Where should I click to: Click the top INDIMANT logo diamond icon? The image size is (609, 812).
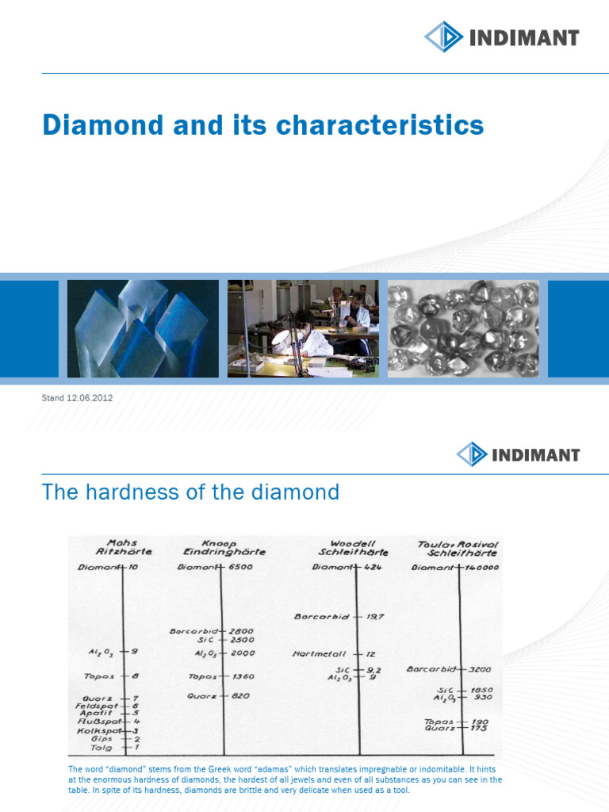[x=442, y=37]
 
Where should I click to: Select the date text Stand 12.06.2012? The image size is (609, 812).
[x=77, y=398]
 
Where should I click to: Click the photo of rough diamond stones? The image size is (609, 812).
[x=463, y=327]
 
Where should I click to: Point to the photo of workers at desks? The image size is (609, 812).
[x=302, y=327]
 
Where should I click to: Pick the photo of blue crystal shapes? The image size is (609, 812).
[x=143, y=327]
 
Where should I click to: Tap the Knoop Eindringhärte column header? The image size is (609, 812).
[x=224, y=546]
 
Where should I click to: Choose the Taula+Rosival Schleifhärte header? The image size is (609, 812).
[x=458, y=546]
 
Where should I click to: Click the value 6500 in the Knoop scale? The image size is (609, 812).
[x=241, y=568]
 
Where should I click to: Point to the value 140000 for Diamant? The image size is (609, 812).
[x=481, y=568]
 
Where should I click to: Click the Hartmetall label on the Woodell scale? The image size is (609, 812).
[x=323, y=654]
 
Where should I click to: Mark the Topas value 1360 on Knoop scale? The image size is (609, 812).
[x=243, y=676]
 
